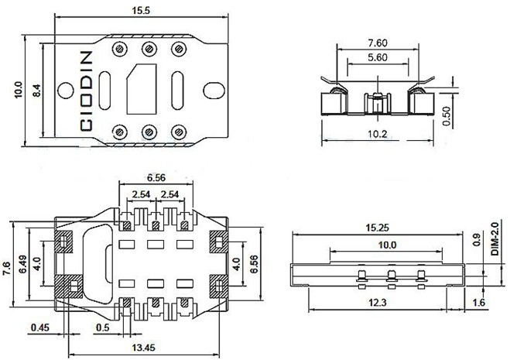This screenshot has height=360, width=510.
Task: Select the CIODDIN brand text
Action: coord(86,90)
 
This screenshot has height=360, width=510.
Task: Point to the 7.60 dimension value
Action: coord(377,43)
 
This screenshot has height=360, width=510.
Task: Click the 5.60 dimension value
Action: coord(377,58)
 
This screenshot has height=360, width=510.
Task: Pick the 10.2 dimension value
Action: coord(376,133)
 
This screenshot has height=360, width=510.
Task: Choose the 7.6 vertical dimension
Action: coord(8,267)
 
